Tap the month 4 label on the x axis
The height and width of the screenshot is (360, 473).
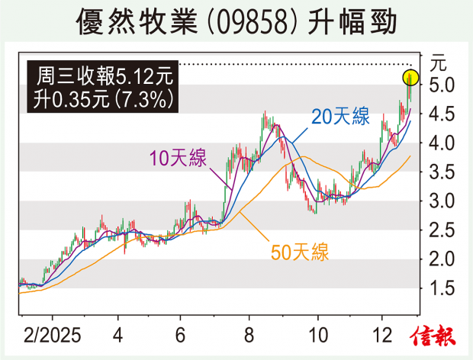pos(118,333)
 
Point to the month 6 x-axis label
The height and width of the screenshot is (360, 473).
pos(180,333)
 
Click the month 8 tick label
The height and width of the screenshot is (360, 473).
pos(248,333)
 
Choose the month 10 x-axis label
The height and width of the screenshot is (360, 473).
pos(314,333)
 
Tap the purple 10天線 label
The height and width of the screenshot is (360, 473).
pos(177,159)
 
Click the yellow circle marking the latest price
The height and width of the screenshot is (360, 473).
pos(410,77)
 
